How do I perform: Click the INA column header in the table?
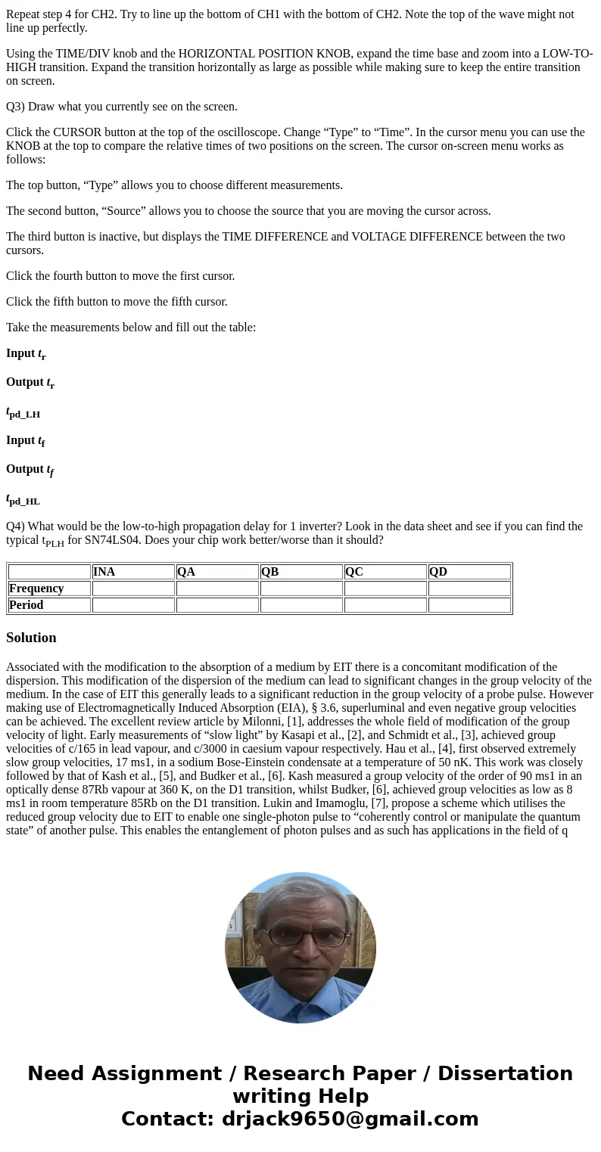click(104, 572)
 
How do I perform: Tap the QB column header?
click(270, 572)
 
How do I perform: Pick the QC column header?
click(354, 572)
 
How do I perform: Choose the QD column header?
click(438, 572)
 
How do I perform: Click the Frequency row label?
click(36, 588)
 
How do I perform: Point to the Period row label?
click(26, 605)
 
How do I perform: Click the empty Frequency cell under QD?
click(469, 588)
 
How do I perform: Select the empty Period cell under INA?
click(133, 605)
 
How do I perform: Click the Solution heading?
click(31, 638)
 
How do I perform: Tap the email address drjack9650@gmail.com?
click(350, 1119)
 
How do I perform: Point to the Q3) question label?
click(15, 107)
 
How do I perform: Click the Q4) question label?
click(15, 526)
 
